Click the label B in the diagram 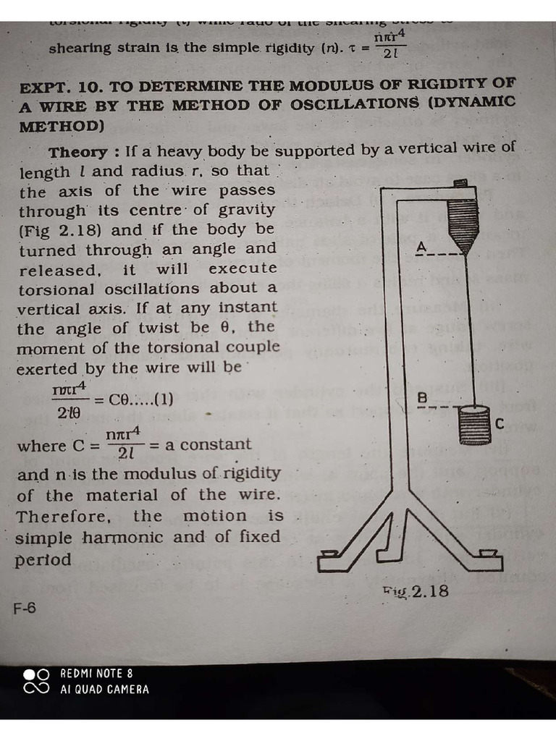pyautogui.click(x=422, y=398)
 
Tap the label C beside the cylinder pyautogui.click(x=499, y=424)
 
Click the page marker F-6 pyautogui.click(x=25, y=609)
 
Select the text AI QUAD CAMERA pyautogui.click(x=104, y=690)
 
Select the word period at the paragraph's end pyautogui.click(x=44, y=560)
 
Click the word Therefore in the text pyautogui.click(x=64, y=517)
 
